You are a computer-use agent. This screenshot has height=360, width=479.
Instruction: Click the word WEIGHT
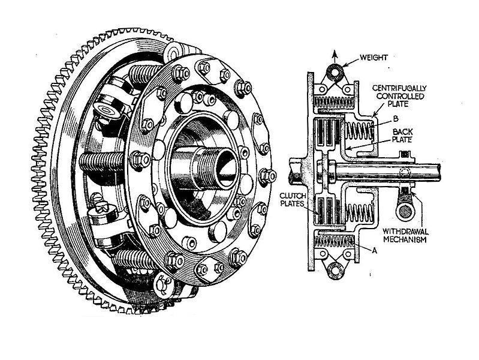point(375,58)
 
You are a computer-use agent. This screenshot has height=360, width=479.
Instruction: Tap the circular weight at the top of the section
point(334,73)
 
